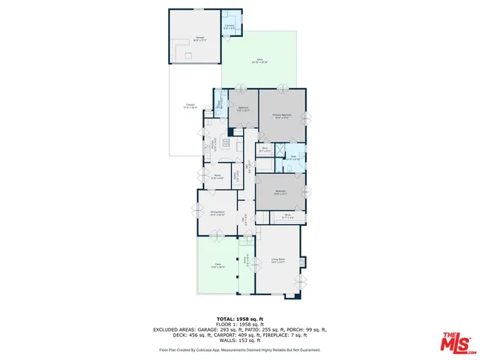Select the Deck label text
point(260,59)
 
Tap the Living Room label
point(278,261)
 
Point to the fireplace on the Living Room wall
point(301,262)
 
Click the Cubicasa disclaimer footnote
point(239,349)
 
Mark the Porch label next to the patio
point(245,262)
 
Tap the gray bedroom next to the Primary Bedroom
point(243,109)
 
